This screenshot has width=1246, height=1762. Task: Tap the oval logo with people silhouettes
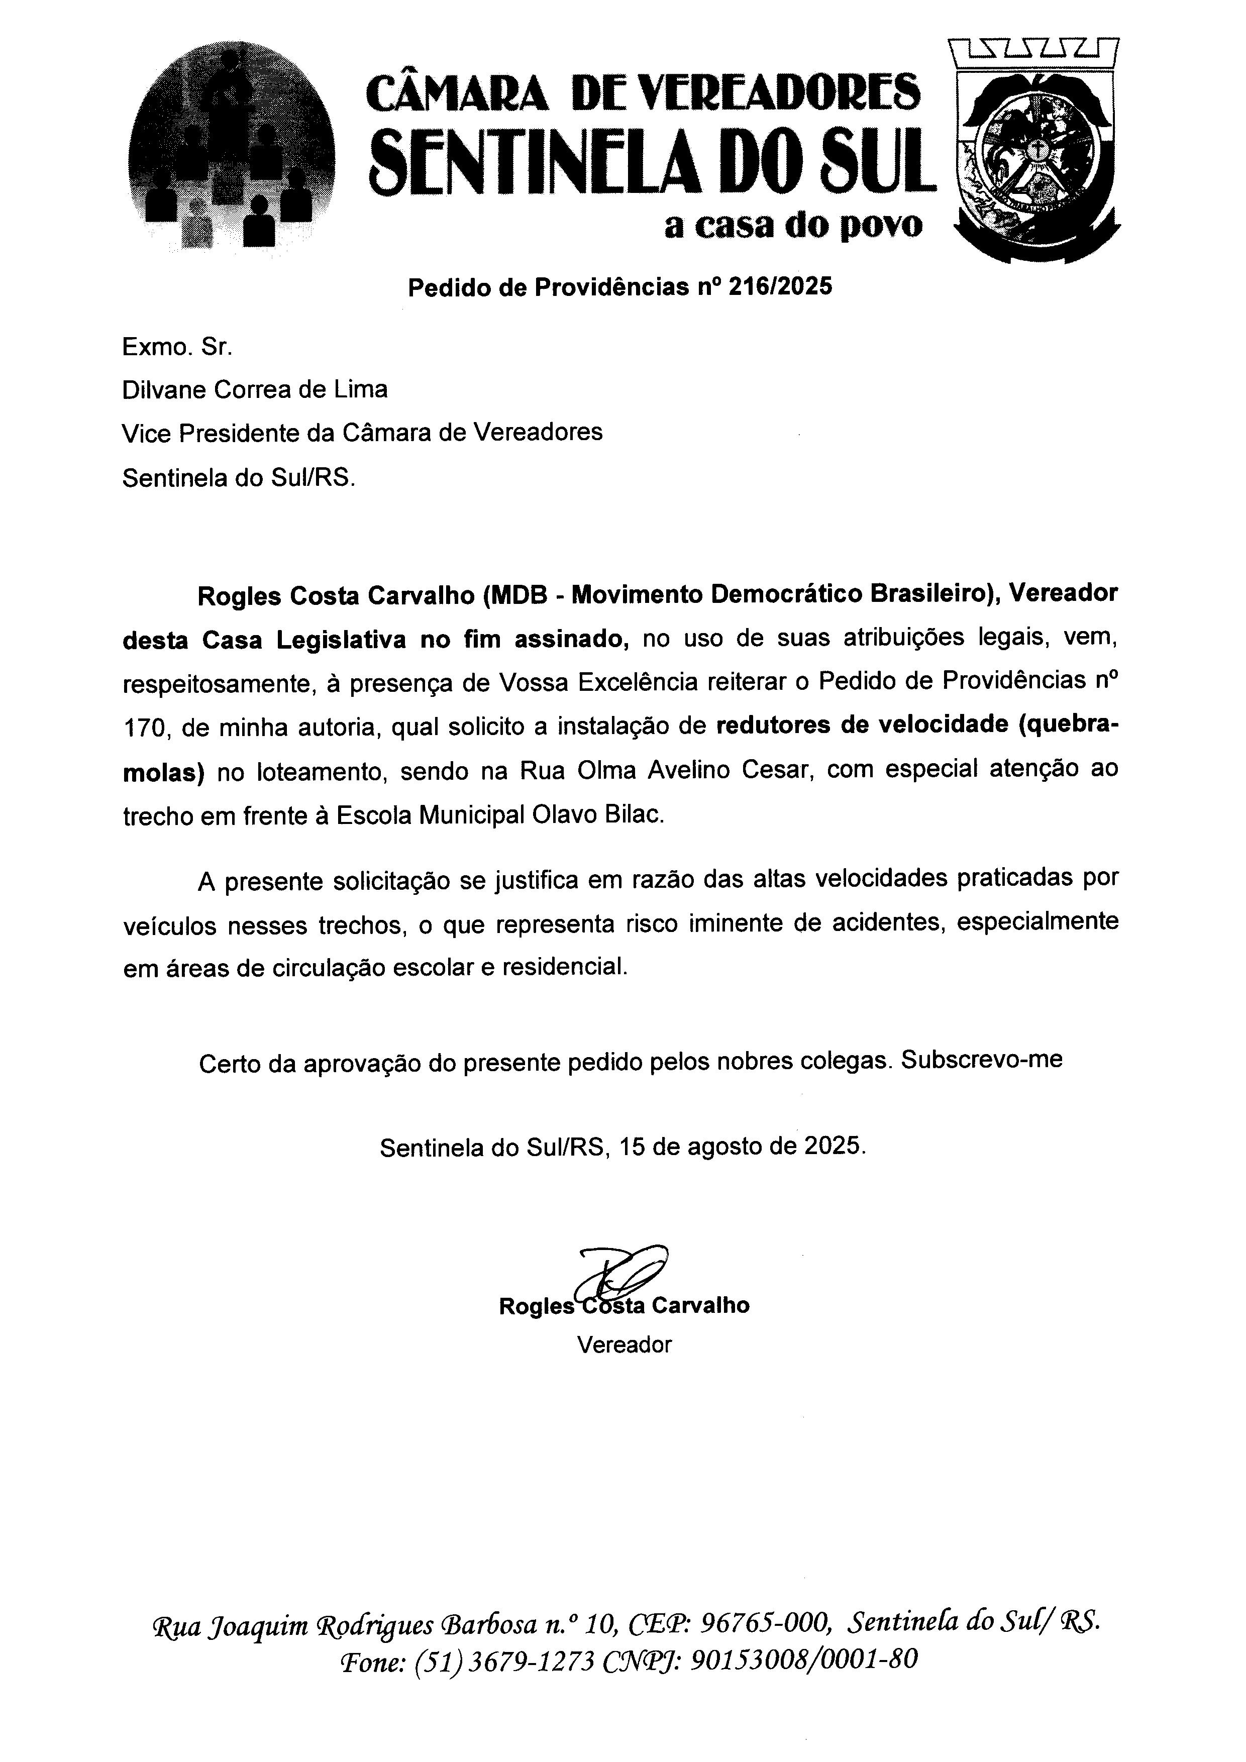[x=233, y=146]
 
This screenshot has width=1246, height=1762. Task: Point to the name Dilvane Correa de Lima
[x=255, y=390]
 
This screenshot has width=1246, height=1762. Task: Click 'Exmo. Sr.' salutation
[x=176, y=348]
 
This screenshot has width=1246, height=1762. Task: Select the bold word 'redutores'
[x=773, y=725]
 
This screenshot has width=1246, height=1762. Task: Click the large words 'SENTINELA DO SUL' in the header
[x=652, y=161]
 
